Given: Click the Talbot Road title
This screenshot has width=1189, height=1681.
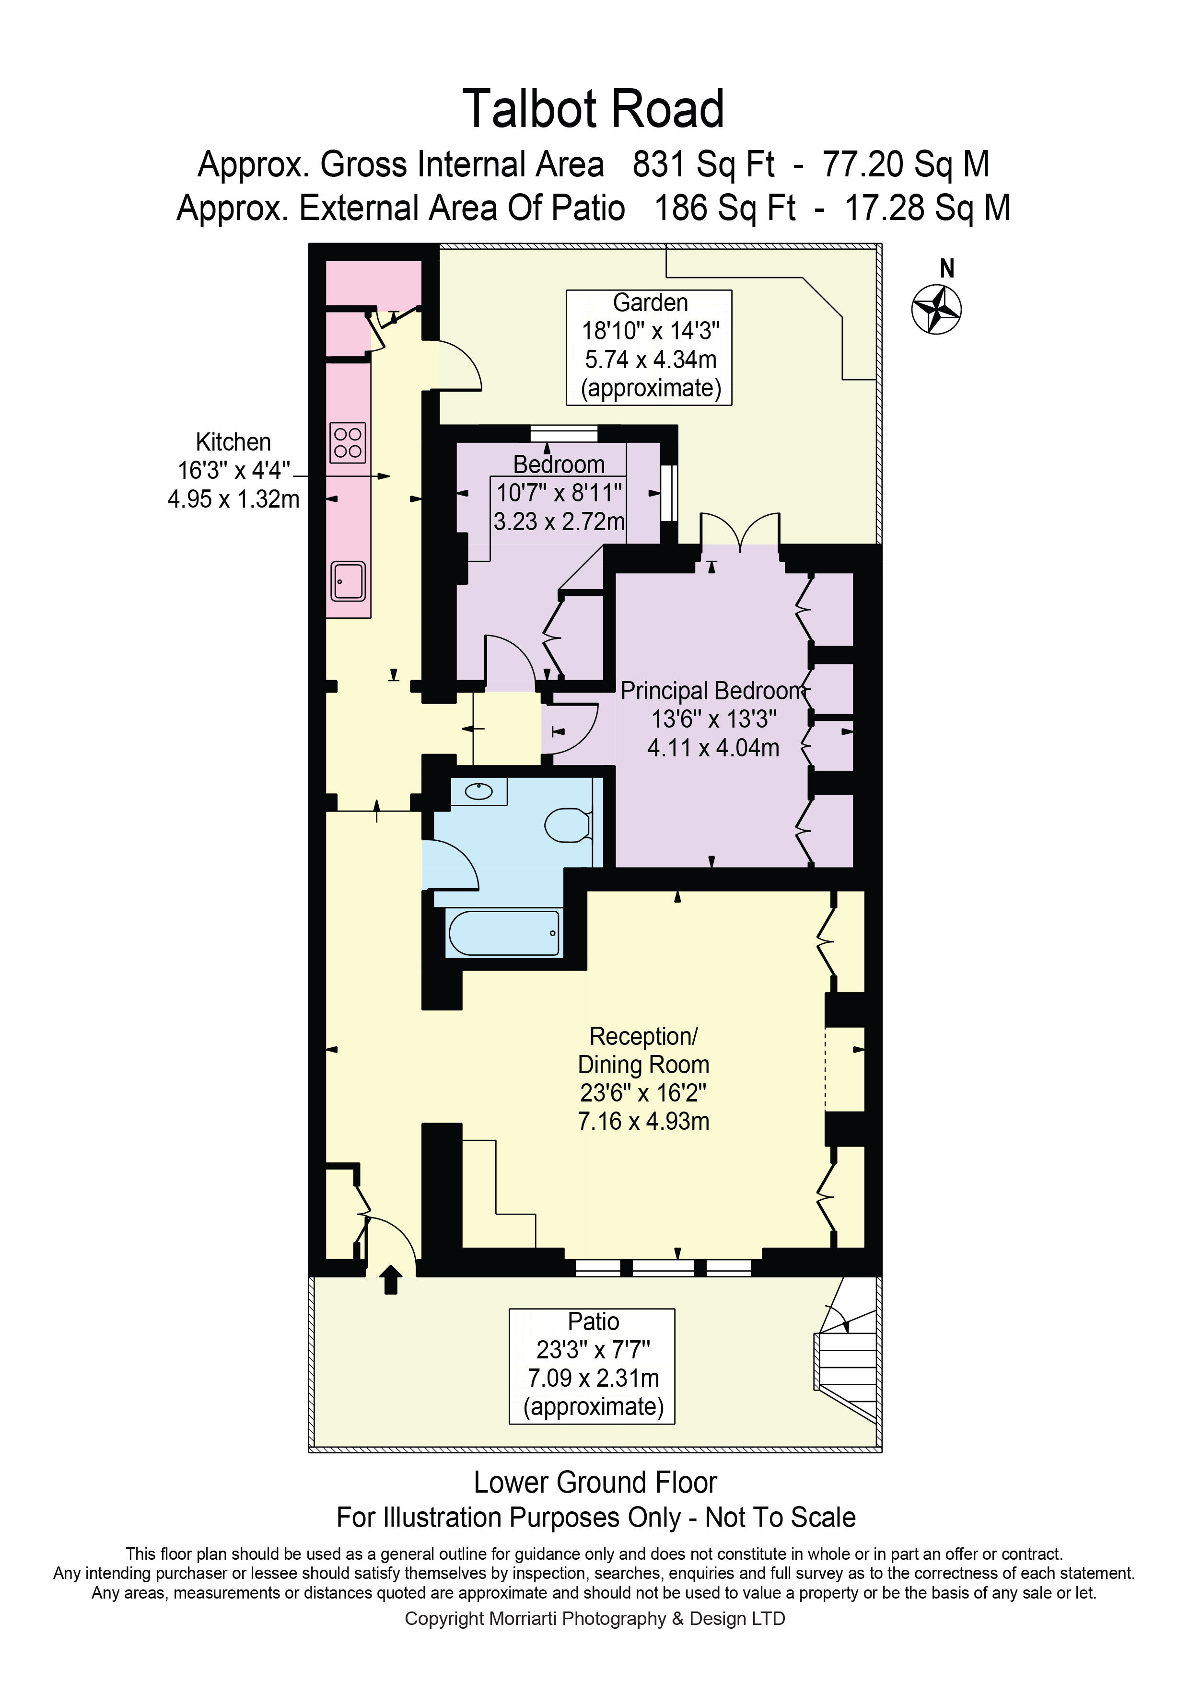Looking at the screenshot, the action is [594, 109].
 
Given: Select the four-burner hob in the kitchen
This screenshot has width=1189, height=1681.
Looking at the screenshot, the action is [348, 442].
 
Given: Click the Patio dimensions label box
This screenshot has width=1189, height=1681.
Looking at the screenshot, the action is [592, 1366].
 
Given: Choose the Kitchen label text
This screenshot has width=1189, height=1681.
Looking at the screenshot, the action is [233, 442].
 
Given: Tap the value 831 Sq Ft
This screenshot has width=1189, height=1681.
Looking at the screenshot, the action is [703, 164].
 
